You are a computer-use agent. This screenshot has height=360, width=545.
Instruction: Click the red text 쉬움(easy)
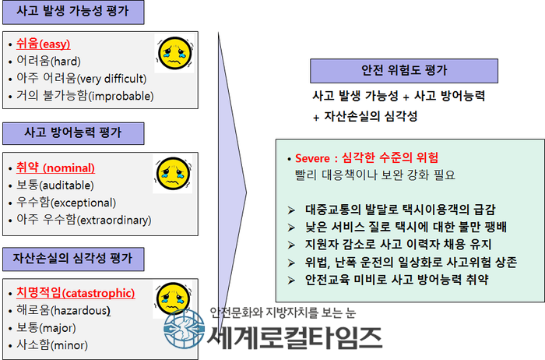click(44, 44)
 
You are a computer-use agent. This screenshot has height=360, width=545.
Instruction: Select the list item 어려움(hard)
click(48, 62)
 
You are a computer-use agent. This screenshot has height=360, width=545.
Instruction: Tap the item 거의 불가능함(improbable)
click(85, 96)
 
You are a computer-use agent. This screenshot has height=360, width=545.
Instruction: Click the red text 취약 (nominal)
click(55, 168)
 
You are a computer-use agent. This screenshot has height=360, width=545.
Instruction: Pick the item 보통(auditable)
click(55, 185)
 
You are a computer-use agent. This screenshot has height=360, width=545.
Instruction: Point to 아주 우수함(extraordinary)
click(84, 220)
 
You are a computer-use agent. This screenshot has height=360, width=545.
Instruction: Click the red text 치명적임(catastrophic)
click(76, 293)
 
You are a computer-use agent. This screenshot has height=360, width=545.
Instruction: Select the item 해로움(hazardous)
click(64, 310)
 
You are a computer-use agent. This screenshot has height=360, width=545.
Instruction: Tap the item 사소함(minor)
click(52, 345)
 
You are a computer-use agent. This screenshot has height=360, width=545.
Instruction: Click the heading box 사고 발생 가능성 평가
click(73, 12)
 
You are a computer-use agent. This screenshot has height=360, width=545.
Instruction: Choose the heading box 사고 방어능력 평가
click(73, 133)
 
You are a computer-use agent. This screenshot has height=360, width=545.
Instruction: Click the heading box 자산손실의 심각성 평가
click(73, 259)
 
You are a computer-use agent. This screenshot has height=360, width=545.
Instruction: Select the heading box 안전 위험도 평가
click(404, 71)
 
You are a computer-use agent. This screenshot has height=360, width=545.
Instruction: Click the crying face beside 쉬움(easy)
click(174, 53)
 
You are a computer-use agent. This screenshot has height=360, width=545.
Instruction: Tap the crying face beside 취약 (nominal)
click(173, 174)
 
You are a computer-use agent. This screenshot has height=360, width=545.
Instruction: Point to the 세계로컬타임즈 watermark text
click(295, 338)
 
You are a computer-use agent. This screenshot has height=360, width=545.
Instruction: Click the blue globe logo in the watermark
click(185, 329)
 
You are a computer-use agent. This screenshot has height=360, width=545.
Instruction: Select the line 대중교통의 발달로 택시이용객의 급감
click(400, 210)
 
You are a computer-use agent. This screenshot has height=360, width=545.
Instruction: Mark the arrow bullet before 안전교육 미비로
click(291, 280)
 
